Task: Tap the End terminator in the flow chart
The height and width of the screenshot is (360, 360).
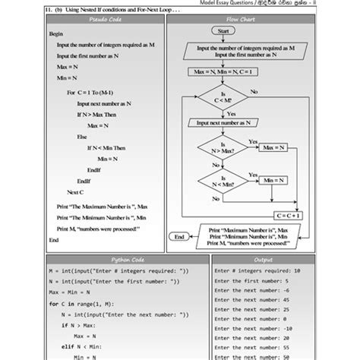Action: click(x=179, y=237)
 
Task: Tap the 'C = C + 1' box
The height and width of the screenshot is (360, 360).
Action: click(x=288, y=215)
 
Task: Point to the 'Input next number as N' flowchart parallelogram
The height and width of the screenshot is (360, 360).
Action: click(x=223, y=123)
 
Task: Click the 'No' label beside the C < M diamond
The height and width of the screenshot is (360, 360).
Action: click(x=254, y=91)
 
